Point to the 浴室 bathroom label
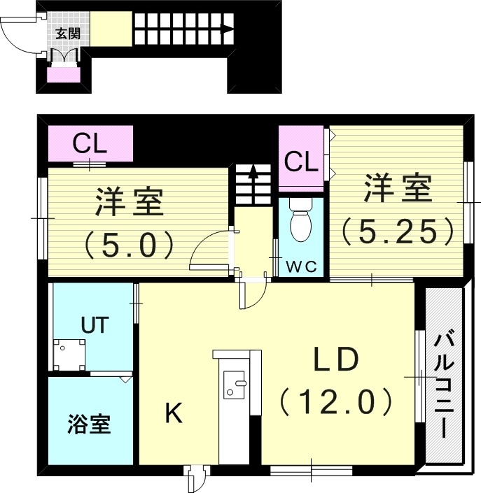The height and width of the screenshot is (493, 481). click(x=90, y=424)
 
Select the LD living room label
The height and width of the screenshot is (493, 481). click(x=335, y=362)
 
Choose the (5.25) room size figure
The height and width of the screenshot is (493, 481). click(x=398, y=231)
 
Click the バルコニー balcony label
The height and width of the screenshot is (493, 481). click(x=443, y=385)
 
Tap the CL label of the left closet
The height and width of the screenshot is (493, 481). click(x=90, y=145)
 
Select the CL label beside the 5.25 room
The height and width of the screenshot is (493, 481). click(x=302, y=162)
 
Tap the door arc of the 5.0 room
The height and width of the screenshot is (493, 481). click(x=210, y=250)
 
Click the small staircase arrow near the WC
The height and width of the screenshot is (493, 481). click(x=252, y=175)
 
